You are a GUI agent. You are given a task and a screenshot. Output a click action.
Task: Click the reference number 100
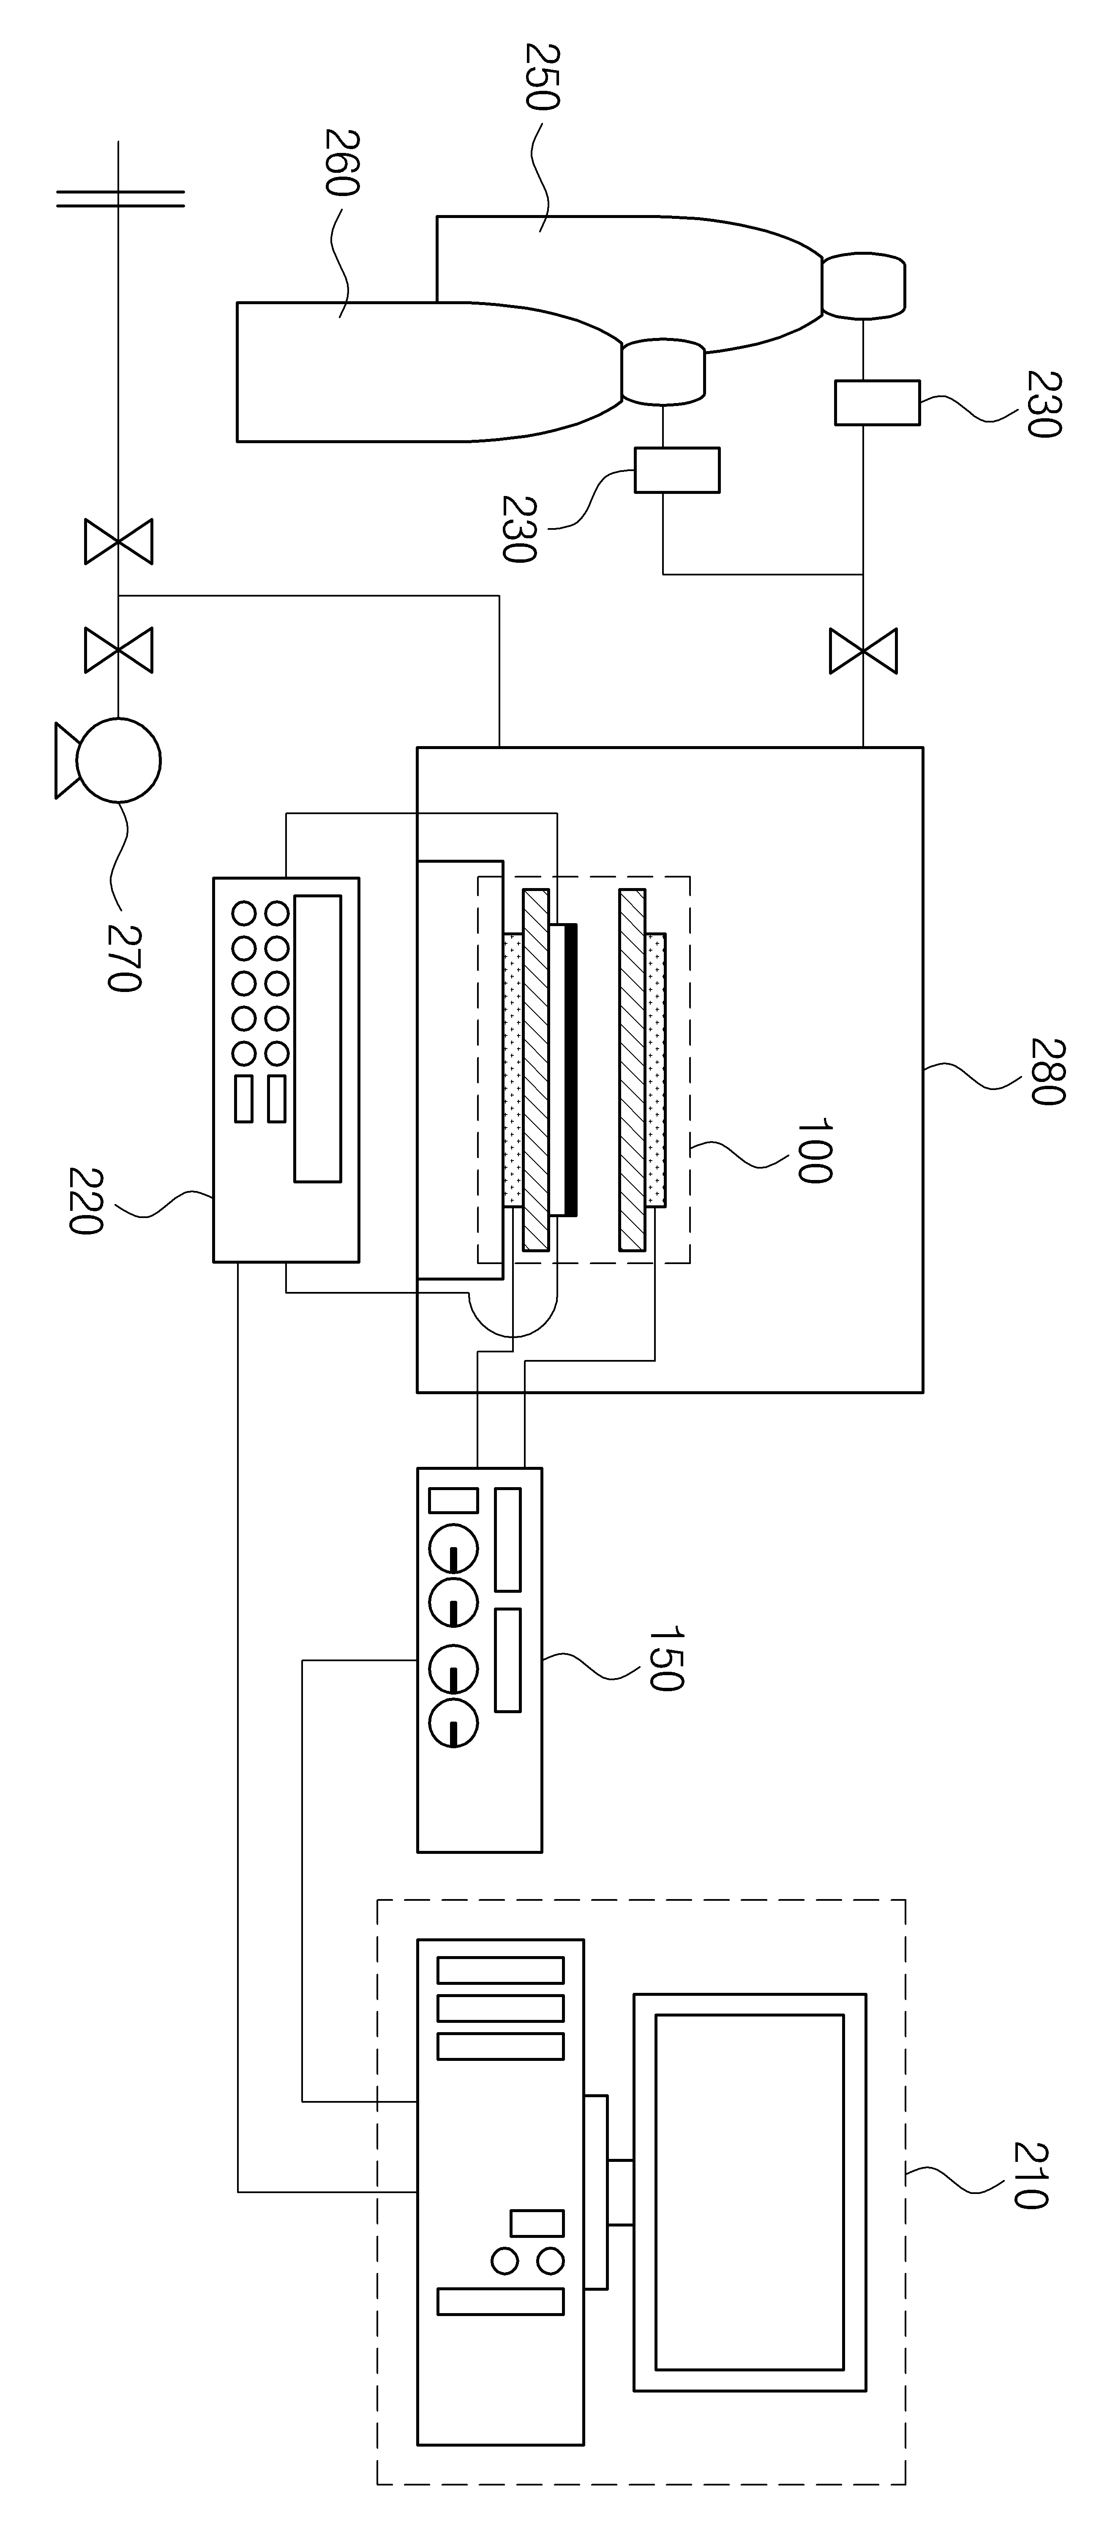tap(813, 1151)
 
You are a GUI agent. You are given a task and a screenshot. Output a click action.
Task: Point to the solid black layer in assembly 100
tap(571, 1069)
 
